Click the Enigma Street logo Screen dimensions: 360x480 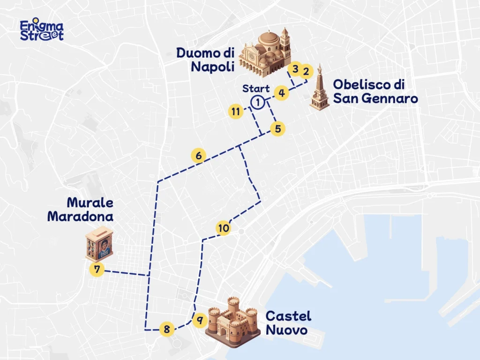point(41,30)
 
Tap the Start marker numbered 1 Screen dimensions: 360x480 point(257,102)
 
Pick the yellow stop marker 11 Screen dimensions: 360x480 point(236,112)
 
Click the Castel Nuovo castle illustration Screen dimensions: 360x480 point(232,322)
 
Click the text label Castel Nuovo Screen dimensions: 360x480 point(288,323)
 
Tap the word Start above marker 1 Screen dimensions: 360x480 point(256,89)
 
